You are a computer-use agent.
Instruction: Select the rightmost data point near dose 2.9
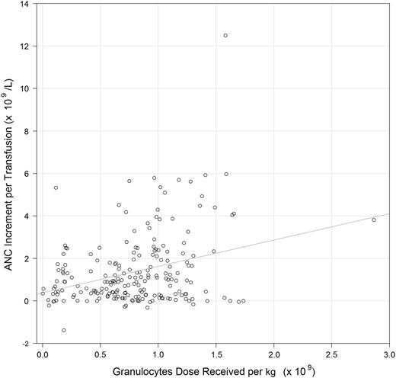click(373, 220)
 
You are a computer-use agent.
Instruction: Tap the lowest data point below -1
click(64, 330)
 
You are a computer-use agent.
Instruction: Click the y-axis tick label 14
click(25, 5)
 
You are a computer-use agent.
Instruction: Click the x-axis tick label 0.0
click(42, 355)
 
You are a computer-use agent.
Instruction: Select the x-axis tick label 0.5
click(100, 355)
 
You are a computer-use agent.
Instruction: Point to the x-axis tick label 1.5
click(216, 355)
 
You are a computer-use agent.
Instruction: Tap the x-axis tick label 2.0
click(273, 355)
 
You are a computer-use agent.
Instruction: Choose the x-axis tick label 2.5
click(331, 355)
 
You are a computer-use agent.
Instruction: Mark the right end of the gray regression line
click(389, 214)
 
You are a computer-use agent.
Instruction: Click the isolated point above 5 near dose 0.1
click(56, 187)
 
